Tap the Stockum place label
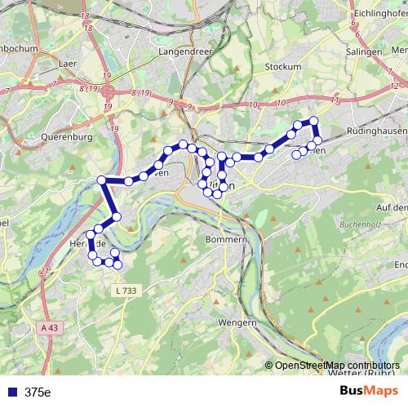click(284, 66)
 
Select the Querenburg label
click(44, 137)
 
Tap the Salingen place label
click(364, 51)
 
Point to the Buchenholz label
click(361, 221)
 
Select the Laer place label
click(69, 61)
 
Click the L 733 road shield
click(126, 290)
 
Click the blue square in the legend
click(12, 392)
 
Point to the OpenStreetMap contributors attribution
click(337, 365)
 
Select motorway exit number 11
click(335, 99)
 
